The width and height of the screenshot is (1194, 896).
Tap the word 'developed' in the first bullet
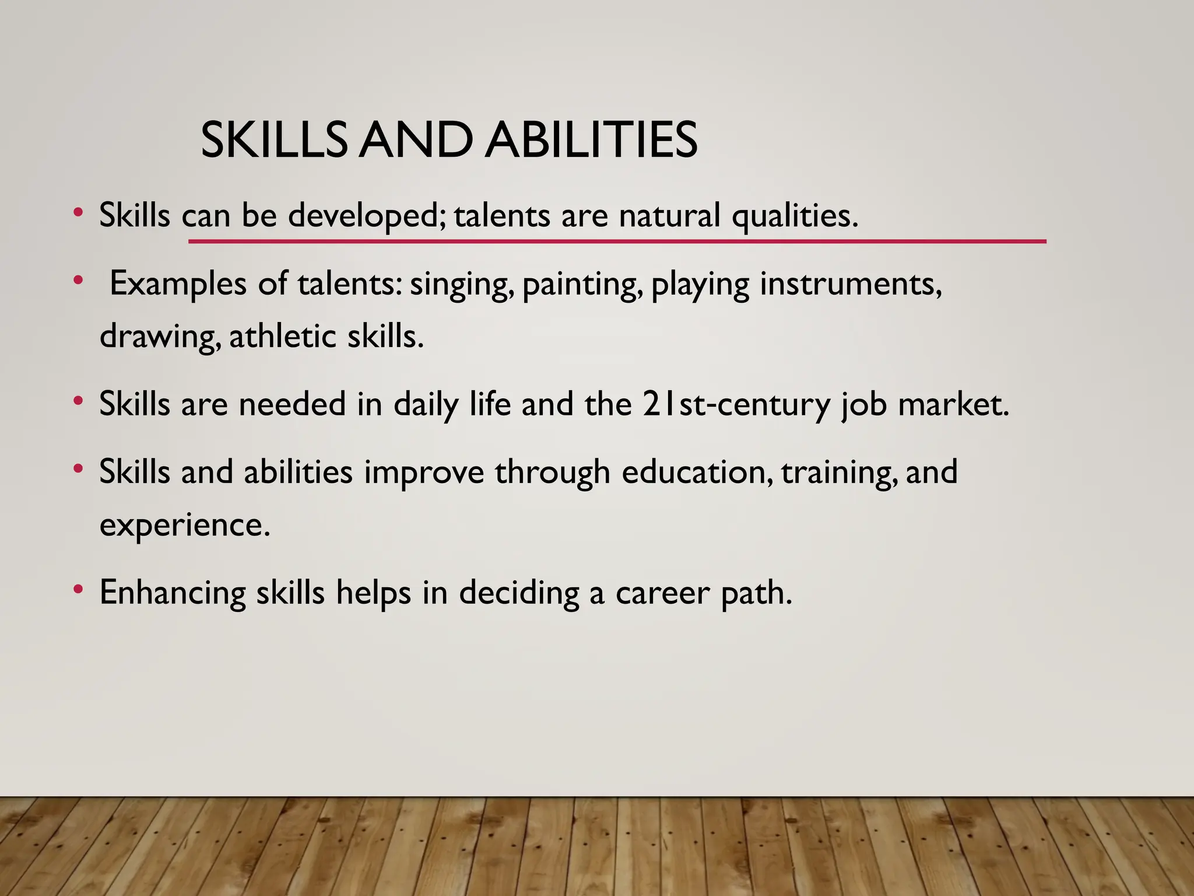click(x=366, y=216)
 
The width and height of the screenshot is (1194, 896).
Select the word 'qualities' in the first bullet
click(x=794, y=216)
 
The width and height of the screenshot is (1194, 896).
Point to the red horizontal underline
click(x=617, y=241)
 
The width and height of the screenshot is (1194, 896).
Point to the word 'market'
click(x=953, y=404)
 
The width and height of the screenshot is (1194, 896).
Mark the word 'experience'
click(x=184, y=525)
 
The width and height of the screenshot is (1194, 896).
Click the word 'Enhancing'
click(x=173, y=593)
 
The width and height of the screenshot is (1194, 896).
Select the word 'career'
click(x=662, y=593)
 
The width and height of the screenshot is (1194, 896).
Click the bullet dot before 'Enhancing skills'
click(x=78, y=590)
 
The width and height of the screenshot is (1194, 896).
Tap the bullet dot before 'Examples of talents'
click(x=78, y=281)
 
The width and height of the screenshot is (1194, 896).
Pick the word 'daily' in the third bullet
click(x=426, y=404)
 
